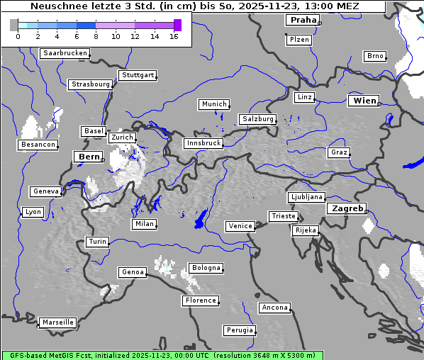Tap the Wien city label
coord(364,101)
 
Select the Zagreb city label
coord(347,208)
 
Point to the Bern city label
coord(89,157)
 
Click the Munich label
coord(214,104)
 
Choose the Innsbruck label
coord(203,143)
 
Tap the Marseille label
coord(57,322)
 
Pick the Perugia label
coord(239,330)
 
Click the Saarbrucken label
coord(65,53)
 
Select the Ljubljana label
coord(306,197)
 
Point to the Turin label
coord(97,242)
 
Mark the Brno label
coord(374,56)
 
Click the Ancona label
coord(274,308)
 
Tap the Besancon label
coord(38,145)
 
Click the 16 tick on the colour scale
coord(174,36)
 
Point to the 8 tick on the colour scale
coord(96,36)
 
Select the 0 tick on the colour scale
coord(18,36)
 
